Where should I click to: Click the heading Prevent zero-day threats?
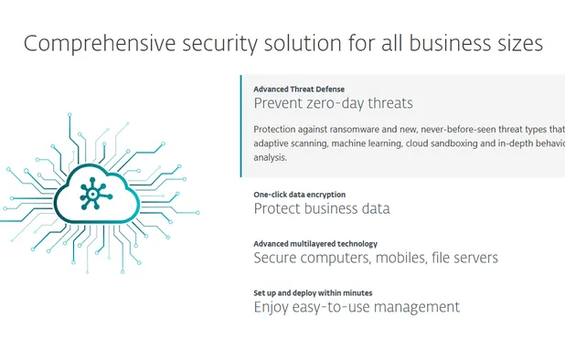click(333, 104)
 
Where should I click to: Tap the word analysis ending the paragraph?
click(270, 157)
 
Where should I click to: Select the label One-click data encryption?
click(299, 195)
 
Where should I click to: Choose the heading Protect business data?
click(321, 208)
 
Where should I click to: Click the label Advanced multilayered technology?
click(314, 244)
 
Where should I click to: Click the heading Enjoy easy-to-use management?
click(357, 307)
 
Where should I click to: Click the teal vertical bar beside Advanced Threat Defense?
click(241, 125)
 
